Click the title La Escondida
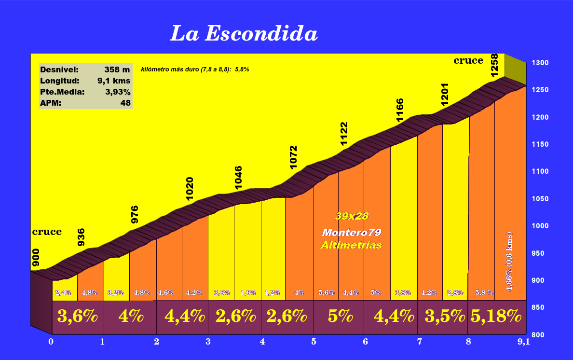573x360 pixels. [244, 34]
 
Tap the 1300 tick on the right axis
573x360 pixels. [539, 63]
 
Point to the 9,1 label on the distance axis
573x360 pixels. [523, 342]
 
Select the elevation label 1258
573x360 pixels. [494, 65]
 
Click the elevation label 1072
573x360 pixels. [294, 157]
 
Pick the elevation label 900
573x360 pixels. [36, 258]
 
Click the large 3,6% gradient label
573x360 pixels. [78, 317]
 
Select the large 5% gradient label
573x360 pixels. [341, 317]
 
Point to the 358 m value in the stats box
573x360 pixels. [117, 69]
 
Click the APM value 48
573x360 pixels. [125, 102]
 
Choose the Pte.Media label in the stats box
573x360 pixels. [63, 92]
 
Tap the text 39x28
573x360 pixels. [352, 216]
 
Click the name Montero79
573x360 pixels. [352, 233]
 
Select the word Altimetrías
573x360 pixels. [351, 245]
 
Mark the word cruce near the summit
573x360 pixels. [468, 60]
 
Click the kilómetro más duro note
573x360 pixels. [195, 69]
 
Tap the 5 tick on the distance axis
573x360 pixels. [314, 342]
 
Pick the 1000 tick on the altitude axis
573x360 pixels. [539, 226]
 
